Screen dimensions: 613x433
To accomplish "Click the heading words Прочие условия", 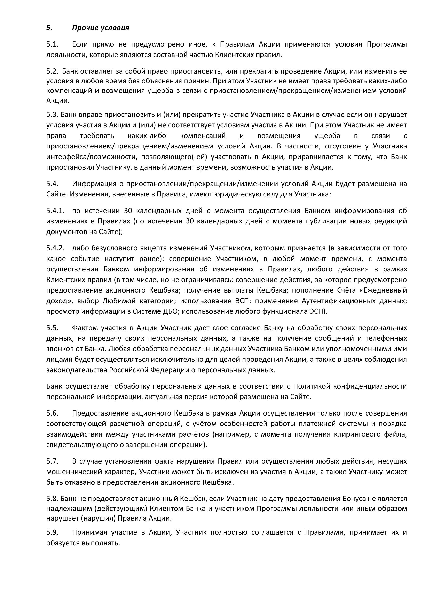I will pos(101,28).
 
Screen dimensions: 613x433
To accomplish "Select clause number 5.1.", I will pos(52,44).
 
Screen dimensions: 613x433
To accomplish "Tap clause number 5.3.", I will pos(52,114).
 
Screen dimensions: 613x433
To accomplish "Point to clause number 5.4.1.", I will pos(55,211).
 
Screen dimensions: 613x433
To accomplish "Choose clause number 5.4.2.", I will pos(55,248).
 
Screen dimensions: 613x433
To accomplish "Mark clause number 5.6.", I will pos(52,413).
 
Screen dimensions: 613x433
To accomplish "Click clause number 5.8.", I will pos(52,499).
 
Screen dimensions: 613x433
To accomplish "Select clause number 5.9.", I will pos(52,532).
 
